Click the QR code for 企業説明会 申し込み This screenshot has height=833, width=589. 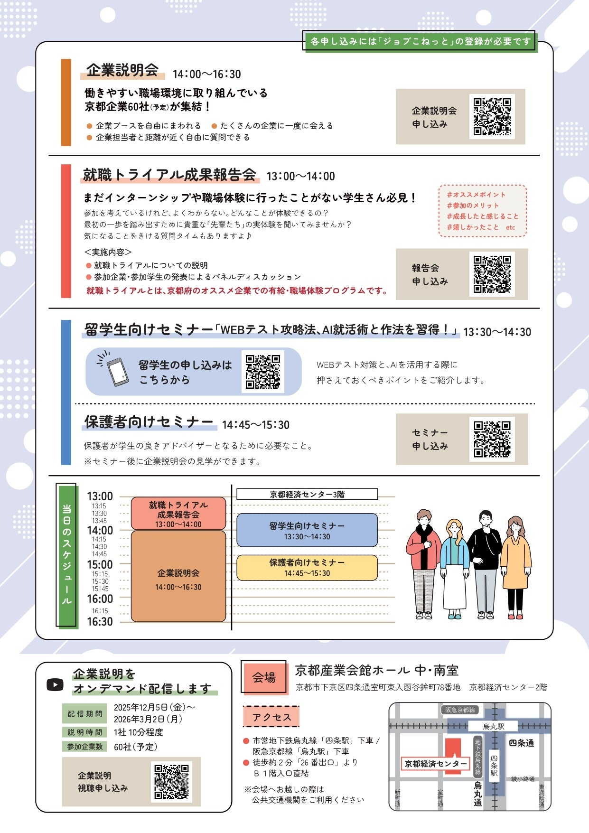click(x=492, y=116)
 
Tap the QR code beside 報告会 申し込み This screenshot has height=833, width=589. click(x=492, y=274)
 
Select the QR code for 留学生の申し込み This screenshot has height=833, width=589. click(x=262, y=372)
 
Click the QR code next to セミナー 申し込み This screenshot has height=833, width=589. click(x=492, y=439)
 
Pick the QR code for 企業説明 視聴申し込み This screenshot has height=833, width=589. click(x=171, y=782)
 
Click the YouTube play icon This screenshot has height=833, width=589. click(x=55, y=684)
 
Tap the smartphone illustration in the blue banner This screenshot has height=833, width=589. click(x=117, y=372)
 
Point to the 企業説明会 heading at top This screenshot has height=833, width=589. click(x=122, y=70)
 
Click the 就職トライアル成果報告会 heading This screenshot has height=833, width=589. click(x=169, y=175)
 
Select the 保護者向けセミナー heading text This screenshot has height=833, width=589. click(x=149, y=422)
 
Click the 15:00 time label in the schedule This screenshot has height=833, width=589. click(x=100, y=565)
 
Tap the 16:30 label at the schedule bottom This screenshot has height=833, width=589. click(x=100, y=622)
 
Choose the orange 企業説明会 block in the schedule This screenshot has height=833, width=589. click(x=178, y=577)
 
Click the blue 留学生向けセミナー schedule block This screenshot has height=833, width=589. click(x=307, y=530)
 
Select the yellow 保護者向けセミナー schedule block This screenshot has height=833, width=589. click(x=307, y=567)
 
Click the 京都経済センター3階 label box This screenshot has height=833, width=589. click(x=307, y=494)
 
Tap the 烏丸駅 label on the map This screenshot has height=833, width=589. click(x=494, y=726)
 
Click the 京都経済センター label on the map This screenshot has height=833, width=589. click(x=435, y=764)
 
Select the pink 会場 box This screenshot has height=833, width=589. click(x=264, y=677)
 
